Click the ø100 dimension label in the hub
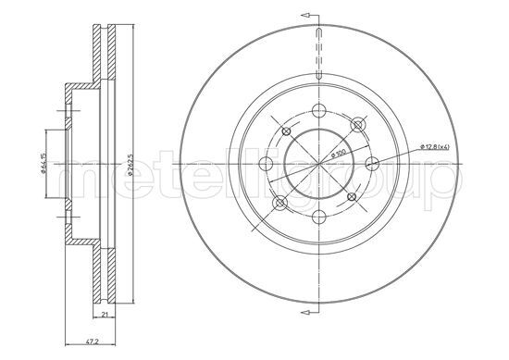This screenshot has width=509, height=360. click(x=339, y=155)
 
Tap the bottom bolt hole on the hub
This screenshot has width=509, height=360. click(x=319, y=217)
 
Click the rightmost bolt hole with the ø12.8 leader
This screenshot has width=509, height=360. click(x=373, y=164)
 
